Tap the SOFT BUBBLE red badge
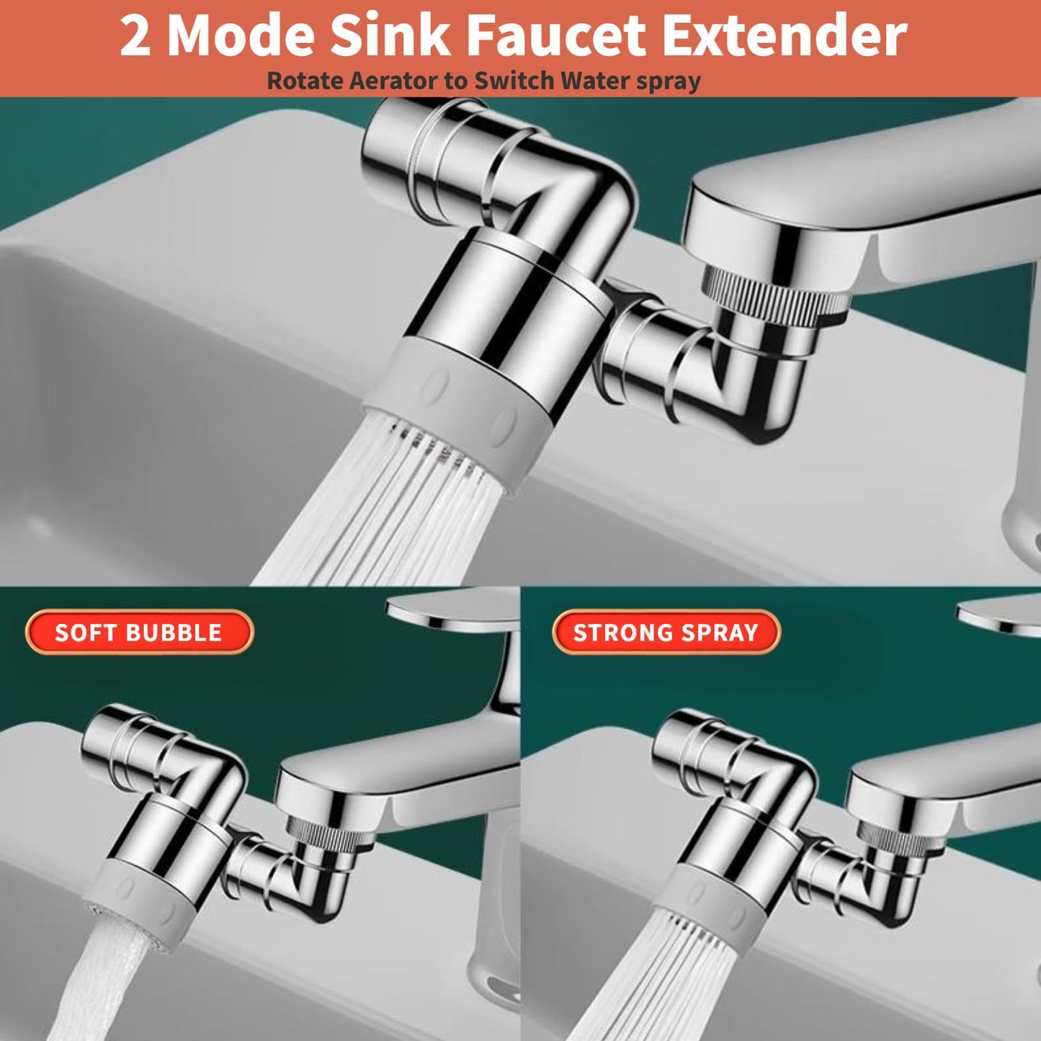[x=139, y=633]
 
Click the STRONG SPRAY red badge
[x=666, y=633]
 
